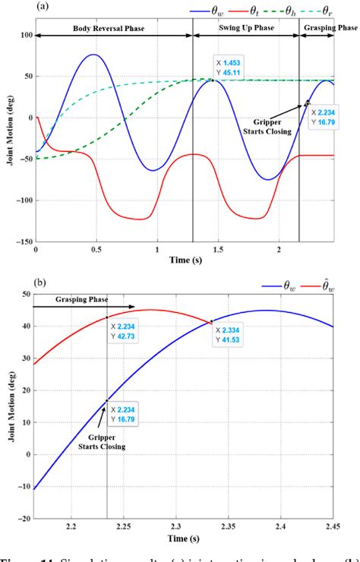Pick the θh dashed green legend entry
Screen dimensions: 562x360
(295, 10)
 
